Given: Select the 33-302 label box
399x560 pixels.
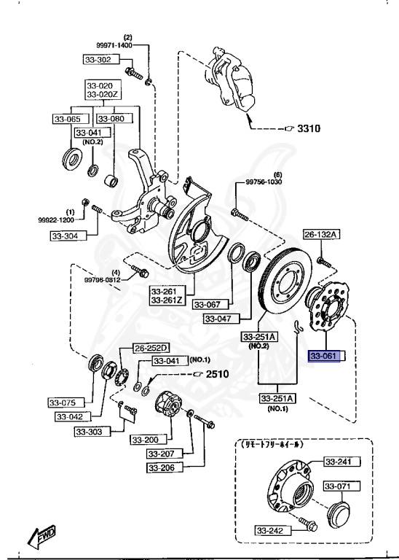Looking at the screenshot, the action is [102, 59].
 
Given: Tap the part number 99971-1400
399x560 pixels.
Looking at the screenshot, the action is [114, 45].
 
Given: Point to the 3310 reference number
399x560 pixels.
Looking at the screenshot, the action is [309, 128].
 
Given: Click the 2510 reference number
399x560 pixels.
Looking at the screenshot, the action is [218, 374].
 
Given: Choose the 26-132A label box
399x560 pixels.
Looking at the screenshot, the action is [321, 234].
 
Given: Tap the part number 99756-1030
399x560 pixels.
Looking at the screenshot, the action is [264, 182].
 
